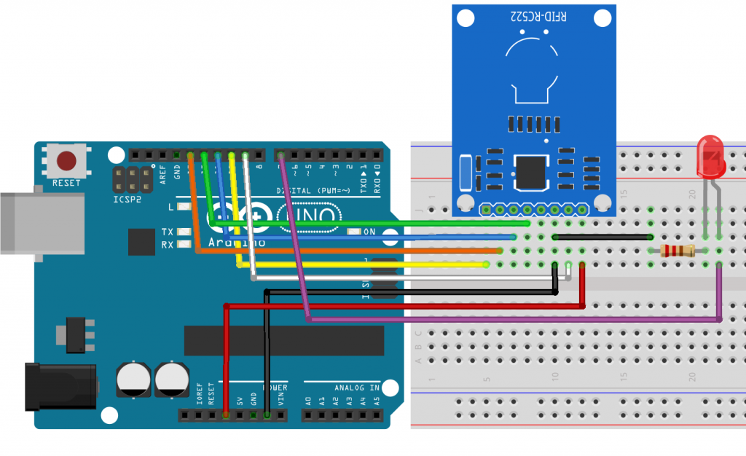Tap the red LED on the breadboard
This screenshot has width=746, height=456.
pyautogui.click(x=710, y=158)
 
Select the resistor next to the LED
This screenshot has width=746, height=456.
pyautogui.click(x=677, y=251)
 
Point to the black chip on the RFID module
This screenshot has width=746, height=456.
pyautogui.click(x=530, y=170)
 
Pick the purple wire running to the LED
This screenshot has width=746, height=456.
pyautogui.click(x=510, y=319)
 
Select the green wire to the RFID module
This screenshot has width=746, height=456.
pyautogui.click(x=364, y=223)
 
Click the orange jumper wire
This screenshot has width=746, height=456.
pyautogui.click(x=350, y=251)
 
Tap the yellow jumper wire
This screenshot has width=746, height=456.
pyautogui.click(x=364, y=264)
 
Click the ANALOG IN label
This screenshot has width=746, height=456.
pyautogui.click(x=357, y=388)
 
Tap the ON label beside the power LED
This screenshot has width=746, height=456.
pyautogui.click(x=369, y=232)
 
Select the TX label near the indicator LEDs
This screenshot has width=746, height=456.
pyautogui.click(x=168, y=232)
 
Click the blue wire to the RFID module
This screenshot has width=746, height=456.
pyautogui.click(x=364, y=237)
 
